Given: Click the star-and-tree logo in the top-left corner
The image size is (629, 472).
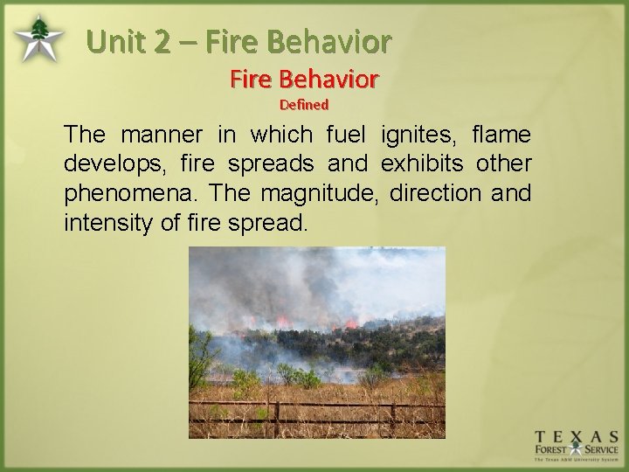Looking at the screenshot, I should (38, 37).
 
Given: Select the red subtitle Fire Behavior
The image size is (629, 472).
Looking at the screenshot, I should (303, 80).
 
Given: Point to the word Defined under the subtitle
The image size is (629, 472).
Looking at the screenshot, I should (303, 104).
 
